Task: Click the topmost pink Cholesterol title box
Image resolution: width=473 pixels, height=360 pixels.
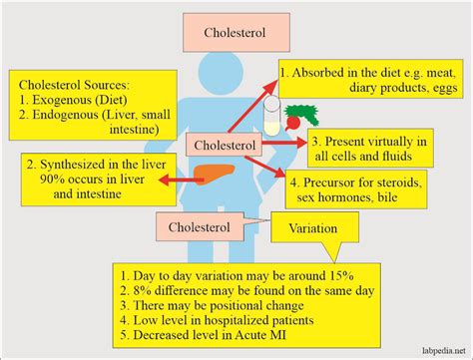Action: pyautogui.click(x=236, y=31)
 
